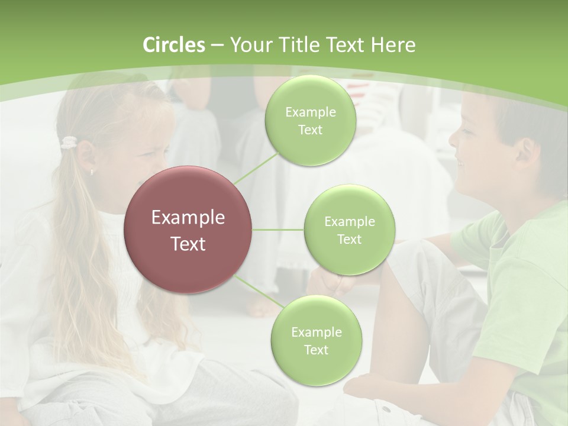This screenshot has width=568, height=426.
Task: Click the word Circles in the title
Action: tap(173, 45)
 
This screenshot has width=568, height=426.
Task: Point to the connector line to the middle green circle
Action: tap(278, 230)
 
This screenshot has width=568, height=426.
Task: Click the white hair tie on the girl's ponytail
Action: tap(70, 142)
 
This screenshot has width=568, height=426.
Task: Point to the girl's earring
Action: tap(92, 172)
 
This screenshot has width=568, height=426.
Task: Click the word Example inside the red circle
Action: tap(188, 218)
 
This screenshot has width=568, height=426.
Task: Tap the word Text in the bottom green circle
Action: tap(316, 350)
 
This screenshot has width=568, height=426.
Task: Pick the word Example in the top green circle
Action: tap(310, 112)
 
